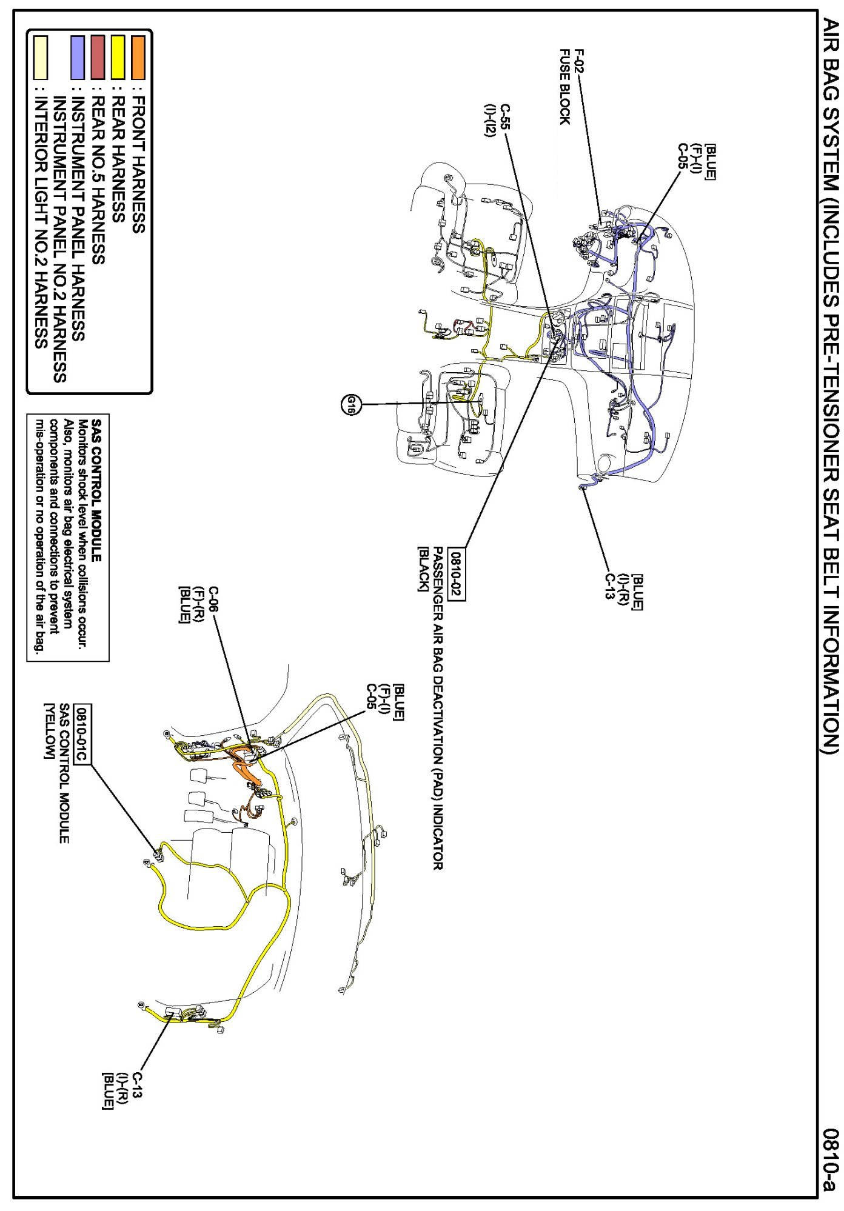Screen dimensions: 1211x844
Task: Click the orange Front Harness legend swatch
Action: [138, 58]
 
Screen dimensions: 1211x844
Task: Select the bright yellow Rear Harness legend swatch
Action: [118, 58]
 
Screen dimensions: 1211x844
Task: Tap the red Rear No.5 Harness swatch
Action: [98, 58]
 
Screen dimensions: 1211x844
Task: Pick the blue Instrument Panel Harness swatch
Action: [78, 58]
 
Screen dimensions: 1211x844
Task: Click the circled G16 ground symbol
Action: [350, 404]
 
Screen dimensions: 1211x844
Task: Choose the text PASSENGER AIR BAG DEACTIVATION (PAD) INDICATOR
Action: [438, 709]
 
